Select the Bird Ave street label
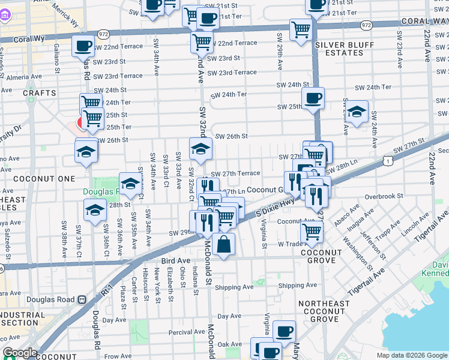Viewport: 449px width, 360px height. click(175, 261)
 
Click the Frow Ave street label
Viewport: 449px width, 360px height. click(118, 356)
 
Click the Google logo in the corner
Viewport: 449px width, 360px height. click(20, 353)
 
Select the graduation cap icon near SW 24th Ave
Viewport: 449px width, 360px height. click(357, 112)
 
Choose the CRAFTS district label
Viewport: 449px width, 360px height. click(40, 93)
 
